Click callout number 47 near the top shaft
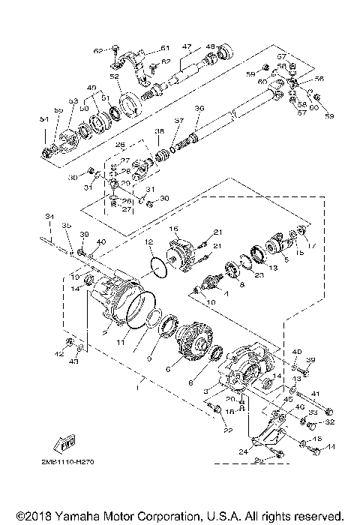point(187,46)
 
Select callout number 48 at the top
point(211,46)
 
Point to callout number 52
point(115,76)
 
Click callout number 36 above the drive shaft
point(199,108)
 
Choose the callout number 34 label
point(49,218)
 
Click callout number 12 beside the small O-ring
point(149,241)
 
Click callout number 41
point(316,394)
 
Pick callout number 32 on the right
point(330,422)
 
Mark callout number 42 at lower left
point(58,353)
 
